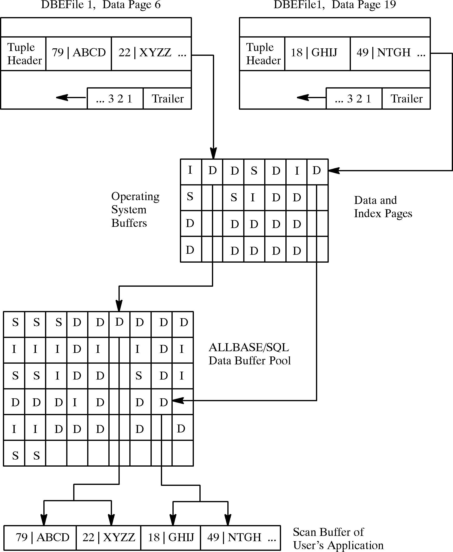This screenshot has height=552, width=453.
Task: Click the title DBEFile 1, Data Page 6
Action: pyautogui.click(x=101, y=5)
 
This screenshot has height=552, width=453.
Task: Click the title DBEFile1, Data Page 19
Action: pyautogui.click(x=335, y=5)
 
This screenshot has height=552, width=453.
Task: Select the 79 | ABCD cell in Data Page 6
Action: pyautogui.click(x=79, y=53)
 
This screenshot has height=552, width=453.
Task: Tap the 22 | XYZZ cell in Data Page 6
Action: pyautogui.click(x=151, y=53)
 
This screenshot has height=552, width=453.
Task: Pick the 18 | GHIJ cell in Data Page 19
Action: pyautogui.click(x=317, y=53)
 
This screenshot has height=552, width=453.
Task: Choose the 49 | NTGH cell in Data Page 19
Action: pyautogui.click(x=390, y=53)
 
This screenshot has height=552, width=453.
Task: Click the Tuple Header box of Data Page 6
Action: pyautogui.click(x=24, y=54)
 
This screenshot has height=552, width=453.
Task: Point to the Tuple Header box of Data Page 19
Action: pyautogui.click(x=262, y=54)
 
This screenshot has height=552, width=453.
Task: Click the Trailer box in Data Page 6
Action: pyautogui.click(x=167, y=99)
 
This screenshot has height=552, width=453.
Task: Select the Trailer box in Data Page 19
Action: pyautogui.click(x=406, y=99)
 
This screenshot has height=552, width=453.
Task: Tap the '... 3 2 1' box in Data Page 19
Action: pyautogui.click(x=354, y=99)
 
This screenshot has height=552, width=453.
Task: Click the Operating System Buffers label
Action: pyautogui.click(x=135, y=209)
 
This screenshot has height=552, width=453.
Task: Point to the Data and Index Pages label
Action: pyautogui.click(x=383, y=207)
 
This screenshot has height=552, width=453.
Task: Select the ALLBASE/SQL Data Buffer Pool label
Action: pyautogui.click(x=249, y=354)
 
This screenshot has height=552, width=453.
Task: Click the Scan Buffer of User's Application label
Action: pyautogui.click(x=338, y=539)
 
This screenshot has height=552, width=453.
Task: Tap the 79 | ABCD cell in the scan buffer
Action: pyautogui.click(x=40, y=537)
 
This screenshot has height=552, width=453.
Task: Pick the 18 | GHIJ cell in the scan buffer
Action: pyautogui.click(x=171, y=537)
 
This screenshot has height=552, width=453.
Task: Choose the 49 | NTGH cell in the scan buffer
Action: pyautogui.click(x=240, y=537)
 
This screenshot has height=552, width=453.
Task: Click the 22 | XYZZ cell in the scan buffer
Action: pyautogui.click(x=108, y=537)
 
